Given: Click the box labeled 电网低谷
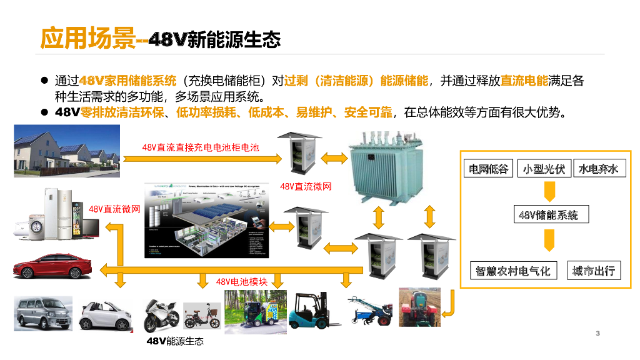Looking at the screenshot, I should [489, 169].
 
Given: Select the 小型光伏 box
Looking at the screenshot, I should [544, 169].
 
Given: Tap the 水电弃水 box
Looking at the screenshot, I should [598, 169].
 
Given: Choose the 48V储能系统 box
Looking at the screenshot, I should [548, 215].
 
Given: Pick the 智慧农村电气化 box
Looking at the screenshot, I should [513, 271].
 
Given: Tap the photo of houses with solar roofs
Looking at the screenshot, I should [67, 151].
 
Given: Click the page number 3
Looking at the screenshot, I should [597, 333].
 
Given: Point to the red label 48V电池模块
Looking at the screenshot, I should [242, 282].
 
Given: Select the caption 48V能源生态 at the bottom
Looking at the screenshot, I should [175, 341].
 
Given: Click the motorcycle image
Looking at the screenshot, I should [161, 316].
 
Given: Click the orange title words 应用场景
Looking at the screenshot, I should [87, 39].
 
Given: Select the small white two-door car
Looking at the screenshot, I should [106, 315].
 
